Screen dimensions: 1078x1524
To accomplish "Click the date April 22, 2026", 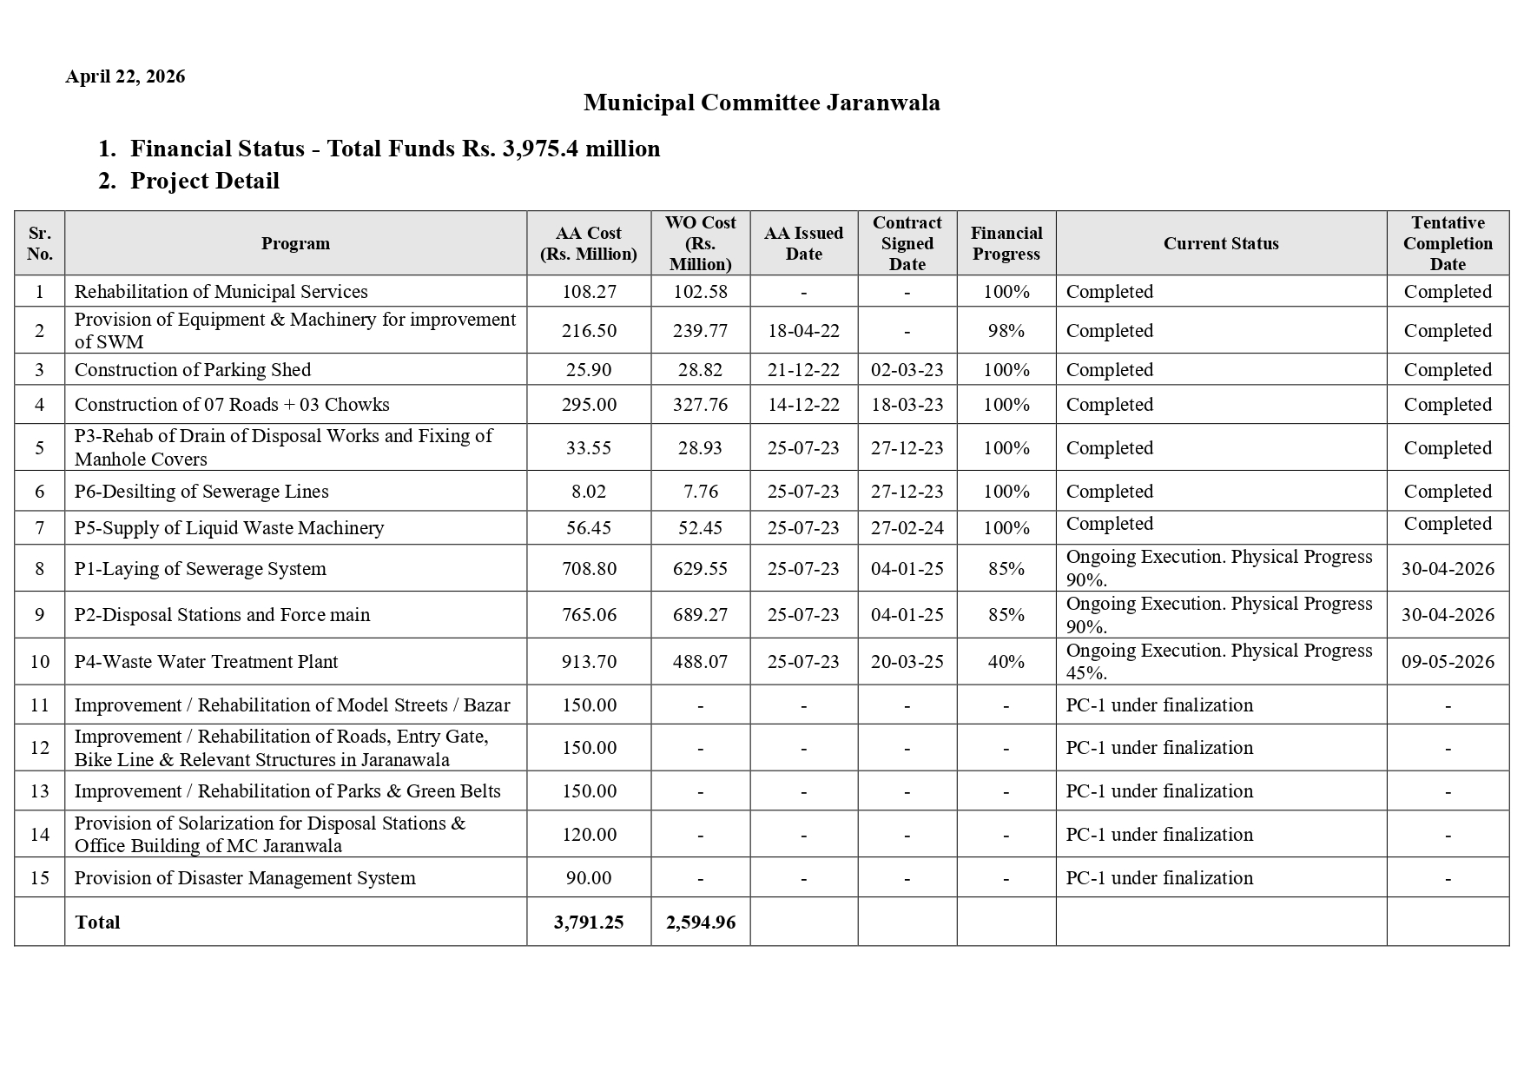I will tap(125, 76).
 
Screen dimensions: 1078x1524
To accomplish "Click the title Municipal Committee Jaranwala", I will tap(761, 103).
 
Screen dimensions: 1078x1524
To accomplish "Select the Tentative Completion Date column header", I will tap(1447, 243).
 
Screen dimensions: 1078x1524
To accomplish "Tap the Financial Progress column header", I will tap(1006, 243).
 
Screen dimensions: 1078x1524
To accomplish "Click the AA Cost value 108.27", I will tap(589, 292).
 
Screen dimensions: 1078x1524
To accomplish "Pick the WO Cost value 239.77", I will tap(700, 331).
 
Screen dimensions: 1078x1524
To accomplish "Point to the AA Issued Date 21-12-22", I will tap(803, 370).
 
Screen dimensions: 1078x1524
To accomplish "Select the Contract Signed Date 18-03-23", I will tap(907, 405).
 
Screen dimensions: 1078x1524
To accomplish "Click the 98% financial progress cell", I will tap(1006, 331).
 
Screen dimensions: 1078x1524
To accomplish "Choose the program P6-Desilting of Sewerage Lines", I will tap(201, 492).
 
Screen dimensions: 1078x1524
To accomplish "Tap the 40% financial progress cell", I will tap(1006, 662).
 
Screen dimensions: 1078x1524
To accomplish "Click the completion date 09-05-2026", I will tap(1447, 662).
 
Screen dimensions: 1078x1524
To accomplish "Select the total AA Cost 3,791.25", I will tap(589, 923).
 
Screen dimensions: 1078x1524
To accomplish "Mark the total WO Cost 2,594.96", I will tap(700, 923).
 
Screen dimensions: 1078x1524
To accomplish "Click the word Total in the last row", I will tap(97, 923).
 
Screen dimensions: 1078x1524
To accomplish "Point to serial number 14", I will tap(39, 835).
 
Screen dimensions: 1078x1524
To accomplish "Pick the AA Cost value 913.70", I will tap(589, 662).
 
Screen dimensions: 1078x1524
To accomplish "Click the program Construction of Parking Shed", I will tap(193, 370).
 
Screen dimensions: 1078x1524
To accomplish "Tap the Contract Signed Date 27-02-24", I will tap(907, 528).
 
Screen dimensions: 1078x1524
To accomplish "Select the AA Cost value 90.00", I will tap(589, 878).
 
